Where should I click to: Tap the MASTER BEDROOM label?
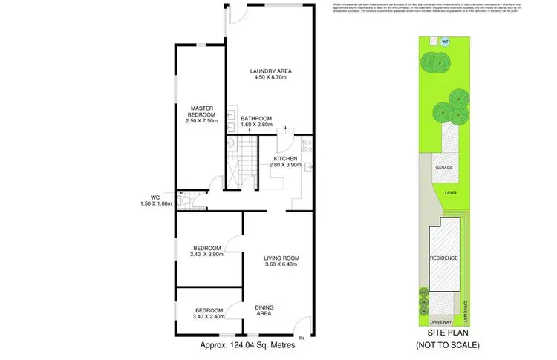click(x=201, y=111)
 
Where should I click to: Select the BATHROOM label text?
click(x=256, y=119)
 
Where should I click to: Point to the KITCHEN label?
click(x=285, y=159)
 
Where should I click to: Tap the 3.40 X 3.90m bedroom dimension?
click(x=207, y=255)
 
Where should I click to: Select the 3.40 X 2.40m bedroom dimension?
click(x=207, y=317)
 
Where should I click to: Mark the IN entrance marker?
click(x=302, y=338)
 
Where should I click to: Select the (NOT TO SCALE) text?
click(x=448, y=345)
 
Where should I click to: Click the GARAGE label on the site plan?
click(x=445, y=168)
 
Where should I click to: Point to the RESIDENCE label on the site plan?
click(x=443, y=258)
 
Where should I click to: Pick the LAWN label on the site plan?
click(x=450, y=192)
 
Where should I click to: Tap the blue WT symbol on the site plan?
click(x=445, y=41)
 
